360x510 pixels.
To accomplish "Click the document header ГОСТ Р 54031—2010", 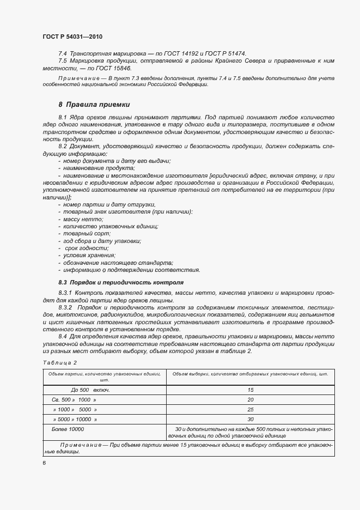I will [x=72, y=37].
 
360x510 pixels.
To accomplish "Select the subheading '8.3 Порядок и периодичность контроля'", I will [x=121, y=282].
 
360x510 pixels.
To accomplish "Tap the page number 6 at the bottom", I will [x=44, y=463].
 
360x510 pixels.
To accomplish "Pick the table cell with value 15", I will [x=251, y=390].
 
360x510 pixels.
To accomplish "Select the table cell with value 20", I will [x=251, y=400].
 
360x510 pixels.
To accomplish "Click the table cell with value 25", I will [x=251, y=410].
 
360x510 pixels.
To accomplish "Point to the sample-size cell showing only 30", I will [x=251, y=420].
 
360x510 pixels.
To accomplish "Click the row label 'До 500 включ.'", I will [x=90, y=390].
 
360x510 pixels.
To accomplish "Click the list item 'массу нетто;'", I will [x=83, y=218].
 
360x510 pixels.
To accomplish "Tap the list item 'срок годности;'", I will [x=87, y=248].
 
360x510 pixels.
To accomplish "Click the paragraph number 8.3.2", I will [x=67, y=308].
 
